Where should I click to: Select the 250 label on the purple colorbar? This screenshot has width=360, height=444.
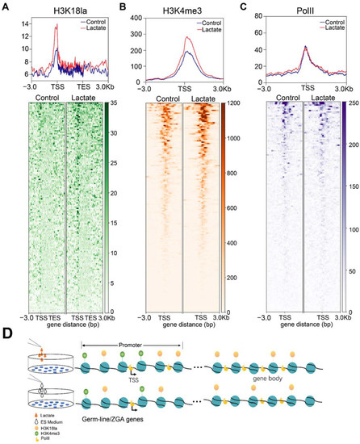(351, 104)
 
